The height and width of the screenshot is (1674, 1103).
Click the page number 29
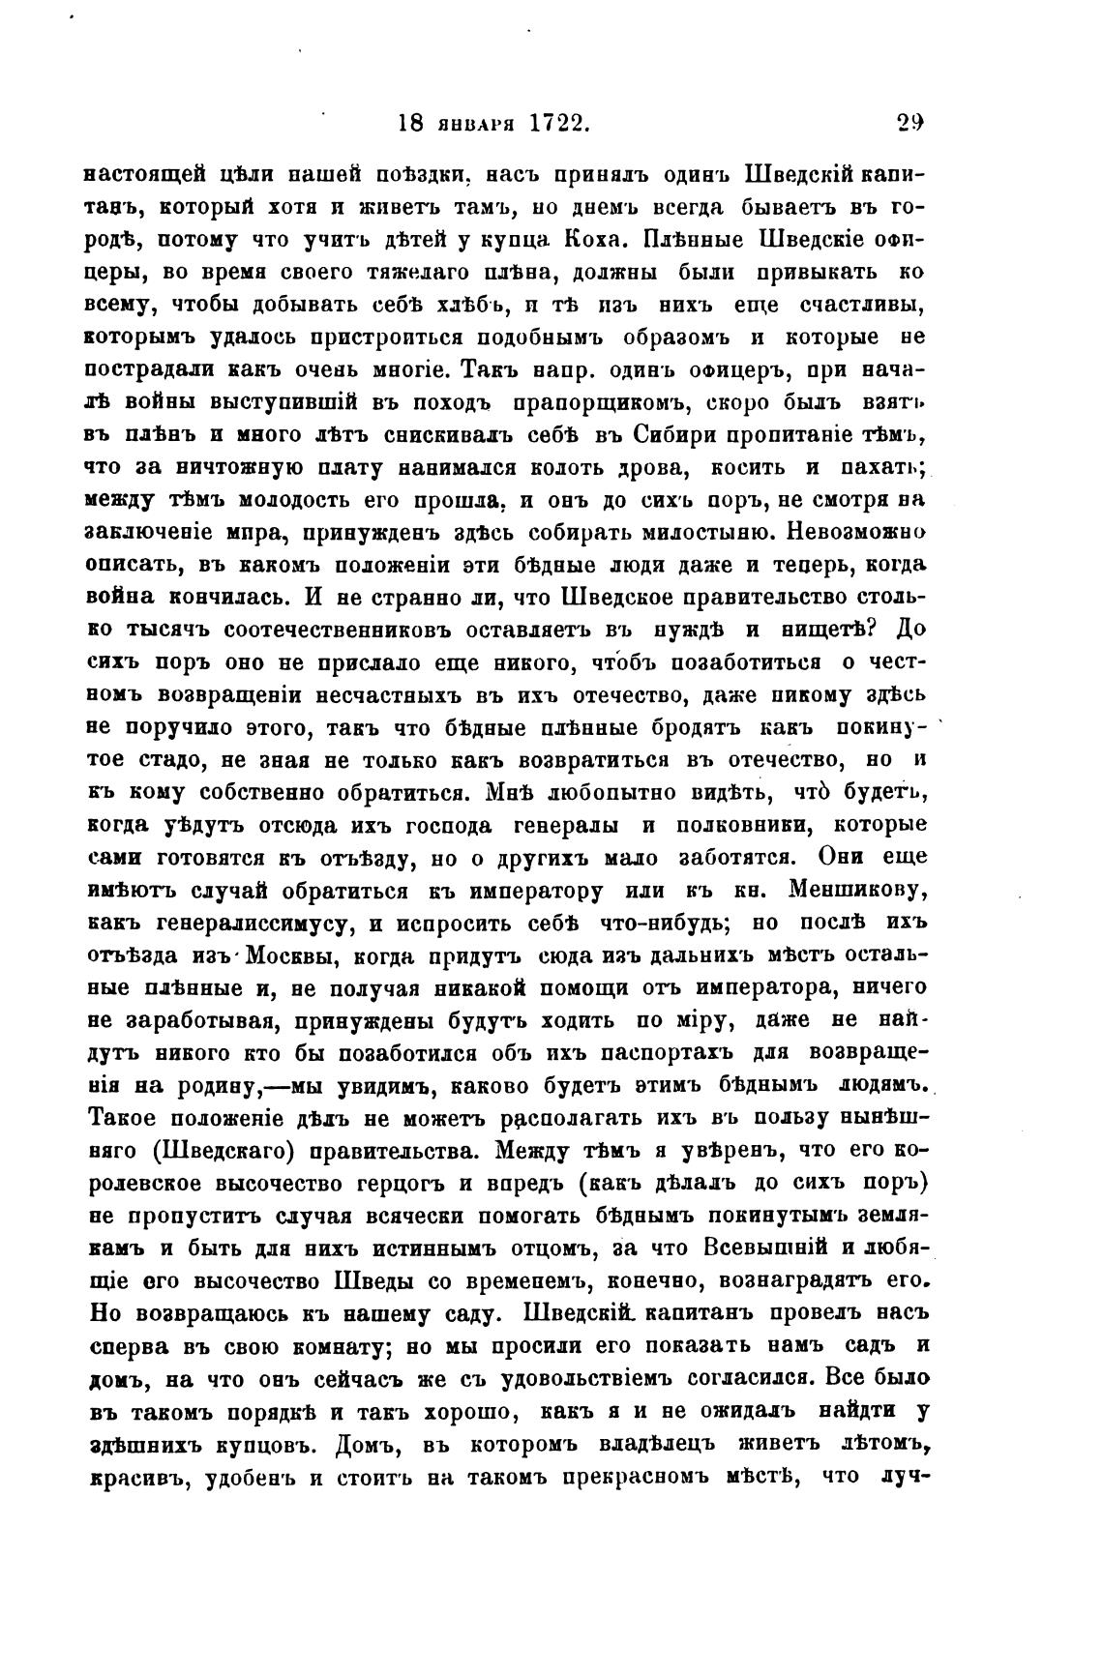pyautogui.click(x=909, y=123)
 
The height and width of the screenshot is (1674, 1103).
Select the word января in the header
pyautogui.click(x=475, y=124)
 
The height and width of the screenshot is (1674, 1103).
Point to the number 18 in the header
pyautogui.click(x=410, y=124)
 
